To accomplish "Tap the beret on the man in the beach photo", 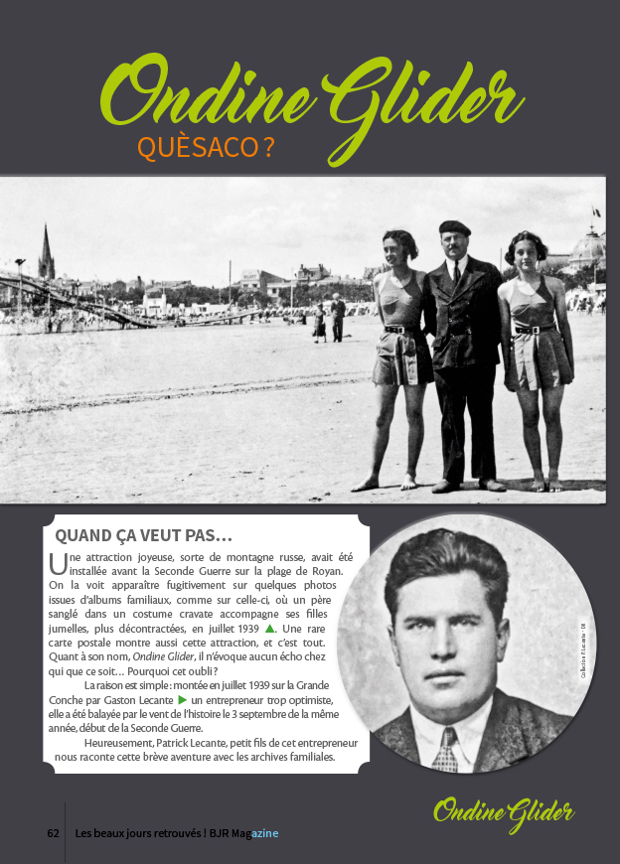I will [454, 227].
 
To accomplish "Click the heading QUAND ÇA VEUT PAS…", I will [143, 535].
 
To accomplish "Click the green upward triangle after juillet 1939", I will [270, 629].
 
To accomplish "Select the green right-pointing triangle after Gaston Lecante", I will [182, 700].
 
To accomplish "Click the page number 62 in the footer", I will [54, 832].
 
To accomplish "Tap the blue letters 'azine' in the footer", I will [264, 832].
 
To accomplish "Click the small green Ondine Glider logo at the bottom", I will [504, 812].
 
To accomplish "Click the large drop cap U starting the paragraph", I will [57, 564].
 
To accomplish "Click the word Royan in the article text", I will [323, 571].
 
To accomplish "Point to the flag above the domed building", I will [596, 212].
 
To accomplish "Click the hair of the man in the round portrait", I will [446, 566].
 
